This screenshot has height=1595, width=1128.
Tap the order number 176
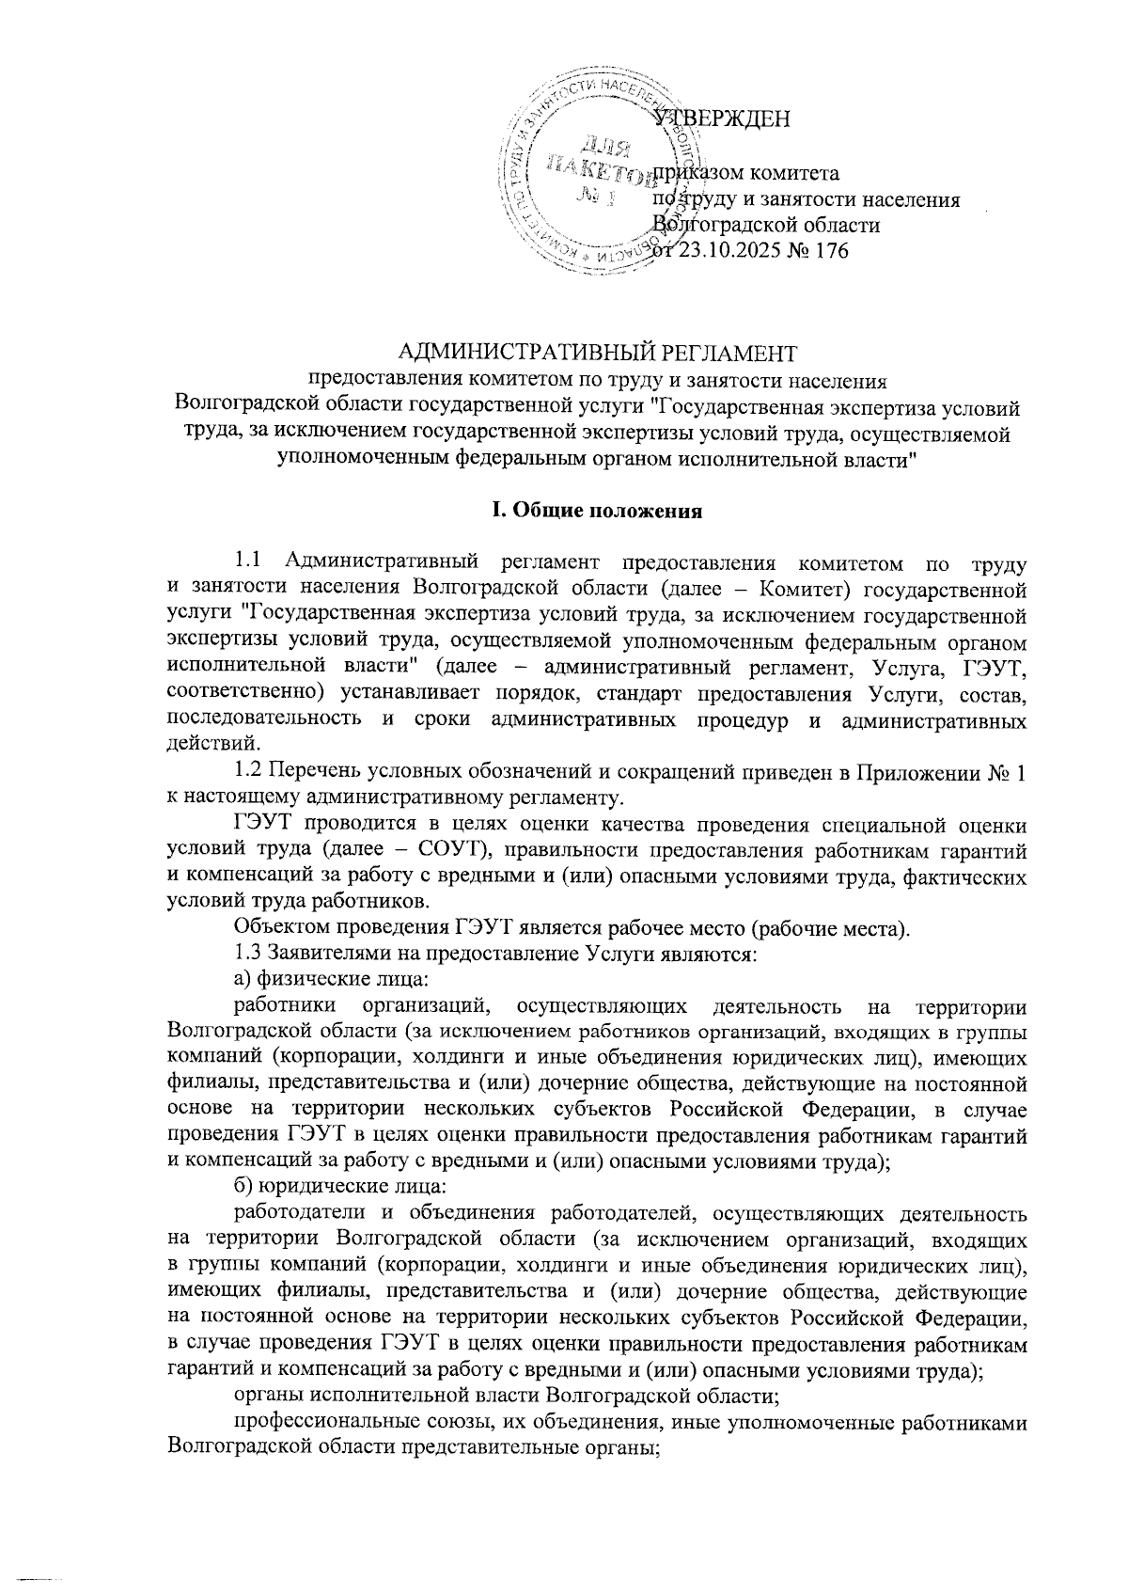(x=831, y=251)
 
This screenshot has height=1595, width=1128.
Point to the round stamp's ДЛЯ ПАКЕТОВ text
(x=598, y=160)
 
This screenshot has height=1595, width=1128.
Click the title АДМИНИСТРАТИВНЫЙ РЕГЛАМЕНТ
(x=598, y=354)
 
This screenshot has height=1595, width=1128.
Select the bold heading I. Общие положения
(x=598, y=513)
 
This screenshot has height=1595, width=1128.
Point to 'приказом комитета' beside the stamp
(x=747, y=173)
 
